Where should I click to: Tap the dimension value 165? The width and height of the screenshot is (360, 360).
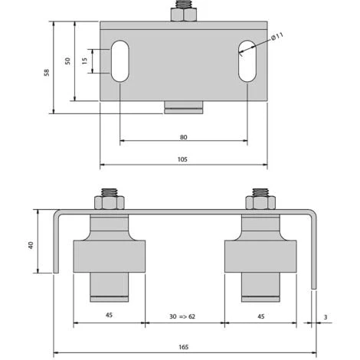[x=184, y=347]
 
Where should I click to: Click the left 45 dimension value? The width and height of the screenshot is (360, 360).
[x=108, y=316]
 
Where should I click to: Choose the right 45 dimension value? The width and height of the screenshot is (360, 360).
[x=260, y=316]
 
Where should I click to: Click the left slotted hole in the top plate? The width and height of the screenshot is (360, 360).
[x=120, y=61]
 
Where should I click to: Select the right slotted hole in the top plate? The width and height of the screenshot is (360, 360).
[x=247, y=61]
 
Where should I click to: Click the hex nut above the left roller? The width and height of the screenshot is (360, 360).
[x=109, y=204]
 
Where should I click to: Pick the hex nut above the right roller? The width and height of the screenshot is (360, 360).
[x=260, y=204]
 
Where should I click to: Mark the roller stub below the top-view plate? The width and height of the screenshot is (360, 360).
[x=184, y=106]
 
